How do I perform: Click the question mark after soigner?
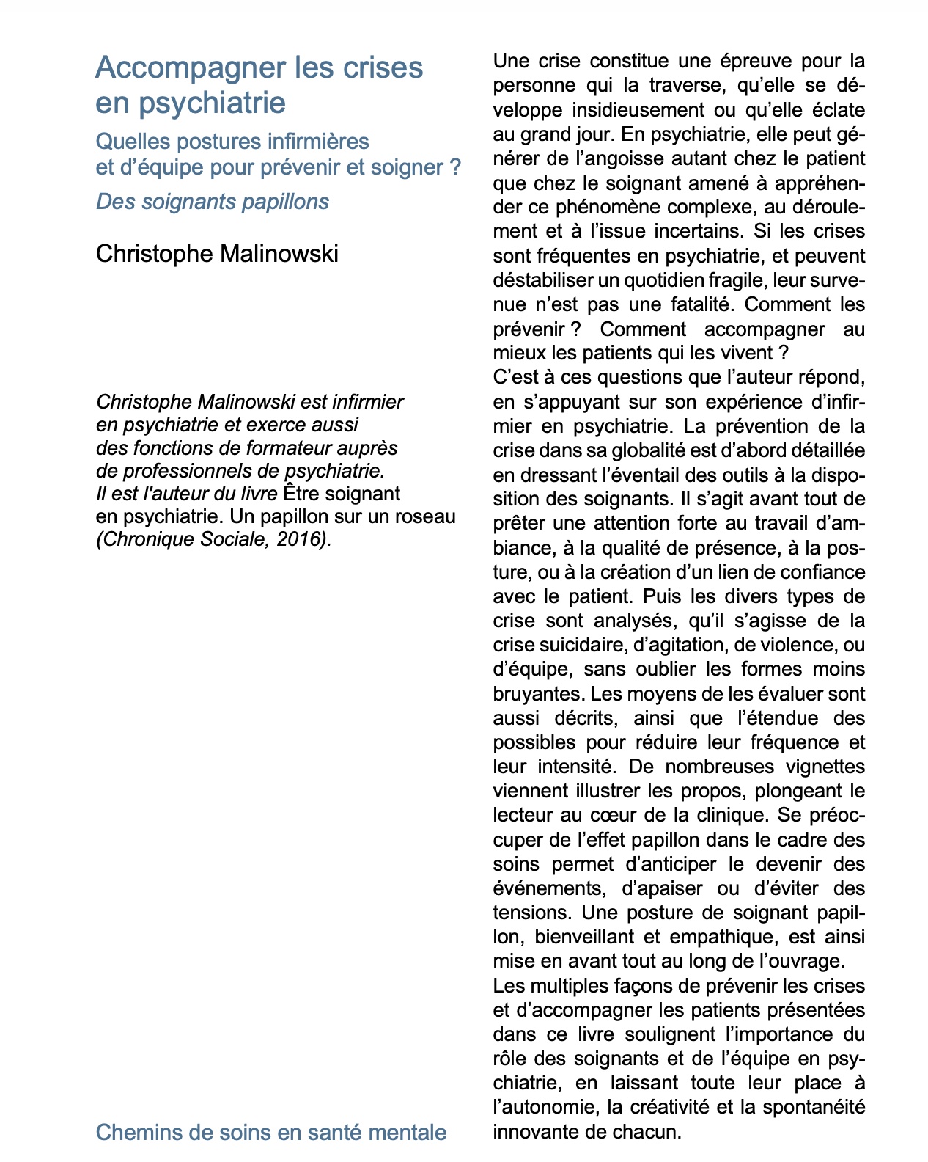coord(456,167)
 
